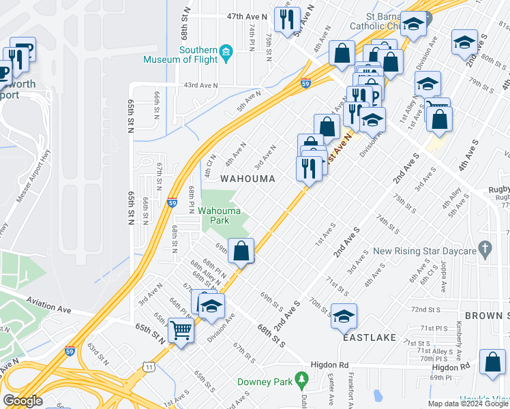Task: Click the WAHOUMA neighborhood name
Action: point(247,179)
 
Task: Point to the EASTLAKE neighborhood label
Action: point(370,337)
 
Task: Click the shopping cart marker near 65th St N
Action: point(181,331)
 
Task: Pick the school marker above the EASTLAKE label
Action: point(344,315)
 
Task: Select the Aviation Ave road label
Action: point(49,300)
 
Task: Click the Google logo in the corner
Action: point(22,401)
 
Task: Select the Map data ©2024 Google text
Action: point(467,404)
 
